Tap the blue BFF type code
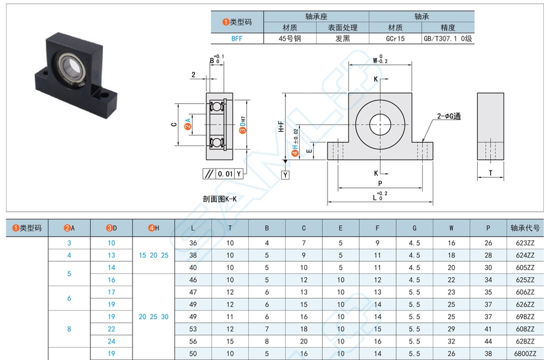click(x=236, y=39)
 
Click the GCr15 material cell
click(x=395, y=39)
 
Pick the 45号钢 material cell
click(x=290, y=39)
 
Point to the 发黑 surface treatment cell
click(x=343, y=39)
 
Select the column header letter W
click(x=451, y=228)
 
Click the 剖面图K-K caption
click(x=219, y=199)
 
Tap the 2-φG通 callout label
click(x=449, y=116)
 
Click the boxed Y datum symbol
click(x=286, y=175)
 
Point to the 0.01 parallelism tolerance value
click(x=225, y=174)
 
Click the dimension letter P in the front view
click(x=380, y=183)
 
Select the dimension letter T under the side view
click(x=490, y=173)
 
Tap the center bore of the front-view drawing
click(x=380, y=125)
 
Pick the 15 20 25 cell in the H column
click(x=153, y=255)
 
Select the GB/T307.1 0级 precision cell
click(x=449, y=39)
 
